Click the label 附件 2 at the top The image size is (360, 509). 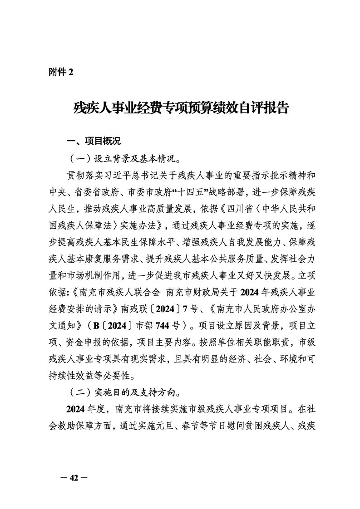(60, 72)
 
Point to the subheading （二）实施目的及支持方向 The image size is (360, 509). (123, 392)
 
